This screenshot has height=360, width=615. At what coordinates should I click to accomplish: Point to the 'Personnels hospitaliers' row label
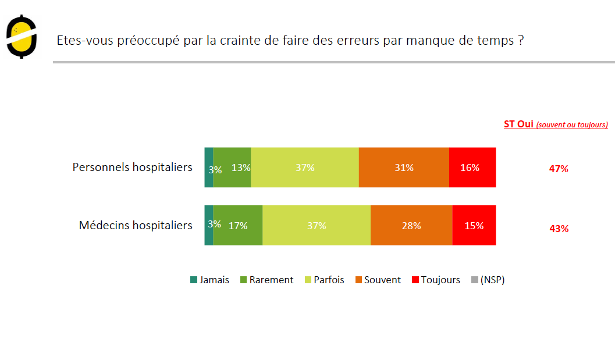[132, 167]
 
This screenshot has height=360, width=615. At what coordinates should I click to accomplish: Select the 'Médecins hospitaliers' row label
[136, 225]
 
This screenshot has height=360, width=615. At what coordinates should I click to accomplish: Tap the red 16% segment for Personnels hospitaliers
[472, 167]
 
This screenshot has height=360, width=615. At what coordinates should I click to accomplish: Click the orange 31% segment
[404, 167]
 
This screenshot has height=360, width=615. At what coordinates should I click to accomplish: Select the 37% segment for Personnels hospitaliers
[305, 167]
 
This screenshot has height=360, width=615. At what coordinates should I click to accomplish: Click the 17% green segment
[238, 225]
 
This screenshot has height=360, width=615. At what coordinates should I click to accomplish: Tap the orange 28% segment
[411, 225]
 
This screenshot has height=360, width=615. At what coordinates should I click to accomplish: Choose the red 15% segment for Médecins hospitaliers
[474, 225]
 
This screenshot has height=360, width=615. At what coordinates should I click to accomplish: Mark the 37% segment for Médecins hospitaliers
[317, 225]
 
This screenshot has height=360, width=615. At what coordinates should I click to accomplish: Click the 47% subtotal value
[559, 169]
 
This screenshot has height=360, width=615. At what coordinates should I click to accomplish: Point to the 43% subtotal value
[559, 229]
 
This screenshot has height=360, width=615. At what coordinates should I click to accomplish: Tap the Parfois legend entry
[324, 280]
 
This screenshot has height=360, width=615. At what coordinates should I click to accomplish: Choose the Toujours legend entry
[436, 280]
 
